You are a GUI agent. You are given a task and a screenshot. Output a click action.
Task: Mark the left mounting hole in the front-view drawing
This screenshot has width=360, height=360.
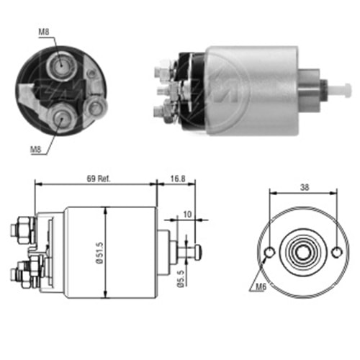coord(269,253)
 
